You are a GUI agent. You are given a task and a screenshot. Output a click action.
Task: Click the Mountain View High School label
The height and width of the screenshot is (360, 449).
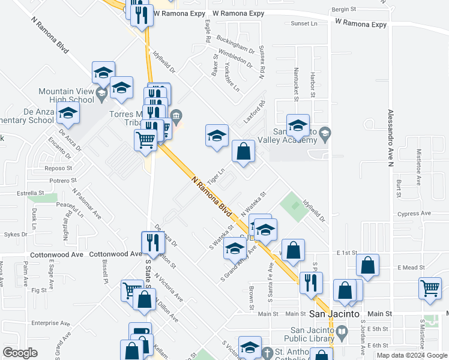coord(66,95)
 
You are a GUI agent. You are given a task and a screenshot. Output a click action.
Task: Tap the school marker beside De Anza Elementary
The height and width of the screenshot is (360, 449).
coord(68,113)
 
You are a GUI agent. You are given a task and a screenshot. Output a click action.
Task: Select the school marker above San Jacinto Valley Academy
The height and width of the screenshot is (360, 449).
coord(298,125)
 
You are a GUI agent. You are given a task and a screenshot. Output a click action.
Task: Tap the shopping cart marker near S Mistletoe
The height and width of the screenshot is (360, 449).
coord(430,289)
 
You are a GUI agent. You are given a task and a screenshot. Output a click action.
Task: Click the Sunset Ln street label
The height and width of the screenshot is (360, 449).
coord(304,23)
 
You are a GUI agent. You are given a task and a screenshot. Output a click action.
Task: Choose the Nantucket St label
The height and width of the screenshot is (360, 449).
coord(295,83)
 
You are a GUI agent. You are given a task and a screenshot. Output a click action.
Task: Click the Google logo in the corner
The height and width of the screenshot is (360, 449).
coord(20,352)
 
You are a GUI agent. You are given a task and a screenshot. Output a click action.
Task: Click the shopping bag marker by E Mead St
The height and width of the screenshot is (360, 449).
coord(367,266)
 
